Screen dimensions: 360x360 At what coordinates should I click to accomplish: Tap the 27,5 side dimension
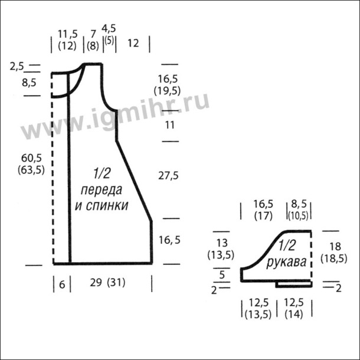168,176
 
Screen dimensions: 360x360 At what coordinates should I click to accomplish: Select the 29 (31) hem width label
107,283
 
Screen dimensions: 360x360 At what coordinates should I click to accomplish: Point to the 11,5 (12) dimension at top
67,40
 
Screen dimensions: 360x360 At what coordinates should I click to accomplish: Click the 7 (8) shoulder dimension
93,40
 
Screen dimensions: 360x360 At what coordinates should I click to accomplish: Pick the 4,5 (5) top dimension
109,35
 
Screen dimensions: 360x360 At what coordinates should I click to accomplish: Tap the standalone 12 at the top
133,43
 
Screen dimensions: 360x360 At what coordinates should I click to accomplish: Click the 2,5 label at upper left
17,67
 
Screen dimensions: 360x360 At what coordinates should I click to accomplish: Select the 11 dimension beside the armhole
169,125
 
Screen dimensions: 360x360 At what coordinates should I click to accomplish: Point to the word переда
102,191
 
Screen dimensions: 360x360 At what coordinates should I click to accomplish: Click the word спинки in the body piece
107,205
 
